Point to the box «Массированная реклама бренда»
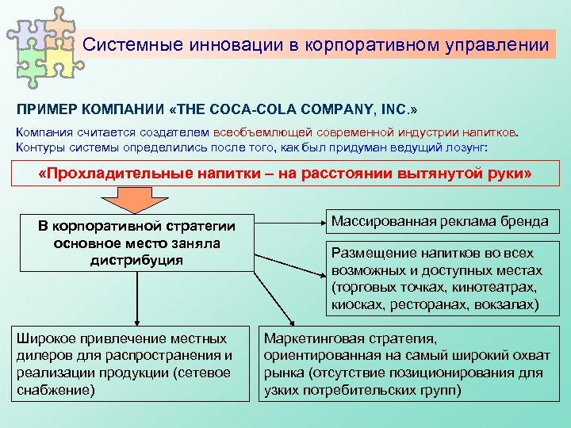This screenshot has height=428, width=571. click(x=439, y=222)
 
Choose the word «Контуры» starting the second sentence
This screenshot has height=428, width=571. click(x=40, y=147)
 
